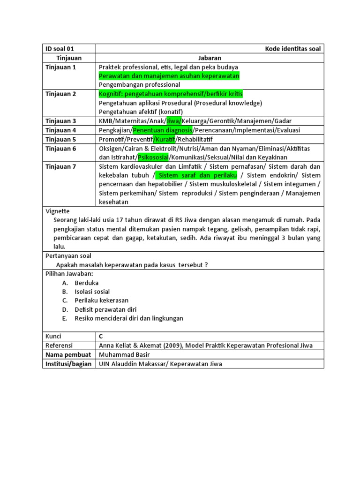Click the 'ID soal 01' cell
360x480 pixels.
[x=60, y=49]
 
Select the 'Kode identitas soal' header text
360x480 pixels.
[x=293, y=49]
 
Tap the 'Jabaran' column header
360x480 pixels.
[x=210, y=58]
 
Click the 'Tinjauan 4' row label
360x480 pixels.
[x=60, y=130]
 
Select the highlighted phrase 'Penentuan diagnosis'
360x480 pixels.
[x=162, y=130]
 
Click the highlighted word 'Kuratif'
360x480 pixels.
[x=165, y=139]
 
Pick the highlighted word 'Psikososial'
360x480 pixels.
[x=153, y=157]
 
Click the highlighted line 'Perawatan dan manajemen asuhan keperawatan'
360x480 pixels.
[x=169, y=75]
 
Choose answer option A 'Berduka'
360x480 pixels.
[x=86, y=283]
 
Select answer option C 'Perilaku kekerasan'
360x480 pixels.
[x=101, y=300]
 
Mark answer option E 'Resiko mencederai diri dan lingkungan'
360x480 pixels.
[x=129, y=318]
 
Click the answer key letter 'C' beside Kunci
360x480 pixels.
[x=101, y=337]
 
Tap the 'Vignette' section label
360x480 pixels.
[x=57, y=211]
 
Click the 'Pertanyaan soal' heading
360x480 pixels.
[x=68, y=256]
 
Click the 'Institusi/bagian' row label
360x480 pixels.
[x=68, y=364]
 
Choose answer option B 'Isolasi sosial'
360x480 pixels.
[x=92, y=292]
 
